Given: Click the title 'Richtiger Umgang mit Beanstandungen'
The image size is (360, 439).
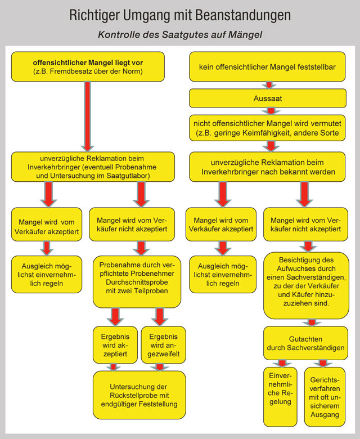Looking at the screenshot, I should click(x=180, y=15).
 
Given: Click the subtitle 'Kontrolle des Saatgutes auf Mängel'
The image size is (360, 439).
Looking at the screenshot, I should click(x=180, y=35).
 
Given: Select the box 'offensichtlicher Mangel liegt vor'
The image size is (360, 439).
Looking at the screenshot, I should click(x=88, y=66).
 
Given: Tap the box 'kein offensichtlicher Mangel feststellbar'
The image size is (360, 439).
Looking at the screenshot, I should click(x=267, y=67).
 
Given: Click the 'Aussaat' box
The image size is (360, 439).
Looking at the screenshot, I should click(x=267, y=98).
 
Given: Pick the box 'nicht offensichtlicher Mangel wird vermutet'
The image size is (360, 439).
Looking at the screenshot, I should click(x=267, y=128).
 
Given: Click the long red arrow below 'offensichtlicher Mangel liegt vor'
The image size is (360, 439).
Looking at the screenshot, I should click(x=88, y=115).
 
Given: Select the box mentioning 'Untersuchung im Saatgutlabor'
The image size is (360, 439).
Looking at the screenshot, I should click(x=88, y=167).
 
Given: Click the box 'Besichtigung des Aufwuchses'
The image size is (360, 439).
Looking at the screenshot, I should click(x=307, y=285).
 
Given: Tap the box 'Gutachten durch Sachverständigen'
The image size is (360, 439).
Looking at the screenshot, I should click(x=307, y=343).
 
